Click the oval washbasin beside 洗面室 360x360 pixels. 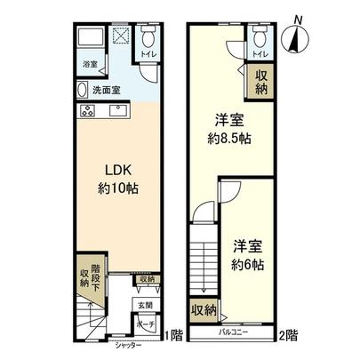[x=84, y=91]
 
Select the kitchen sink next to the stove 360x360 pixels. [x=116, y=111]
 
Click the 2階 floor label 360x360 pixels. [x=289, y=335]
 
